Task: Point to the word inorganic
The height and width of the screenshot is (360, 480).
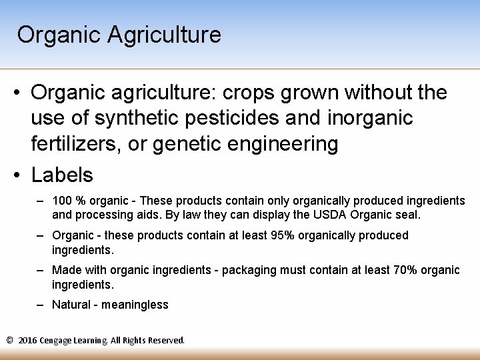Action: coord(370,118)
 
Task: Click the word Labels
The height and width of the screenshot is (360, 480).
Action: coord(62,175)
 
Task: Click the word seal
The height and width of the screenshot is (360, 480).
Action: coord(406,215)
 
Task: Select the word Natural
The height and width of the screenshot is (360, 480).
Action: coord(71,305)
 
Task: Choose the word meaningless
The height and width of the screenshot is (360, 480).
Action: coord(135,305)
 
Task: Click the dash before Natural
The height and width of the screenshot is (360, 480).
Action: coord(41,305)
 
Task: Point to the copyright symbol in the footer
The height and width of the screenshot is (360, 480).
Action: coord(9,341)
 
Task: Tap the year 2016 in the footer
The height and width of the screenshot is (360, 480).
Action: coord(28,341)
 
